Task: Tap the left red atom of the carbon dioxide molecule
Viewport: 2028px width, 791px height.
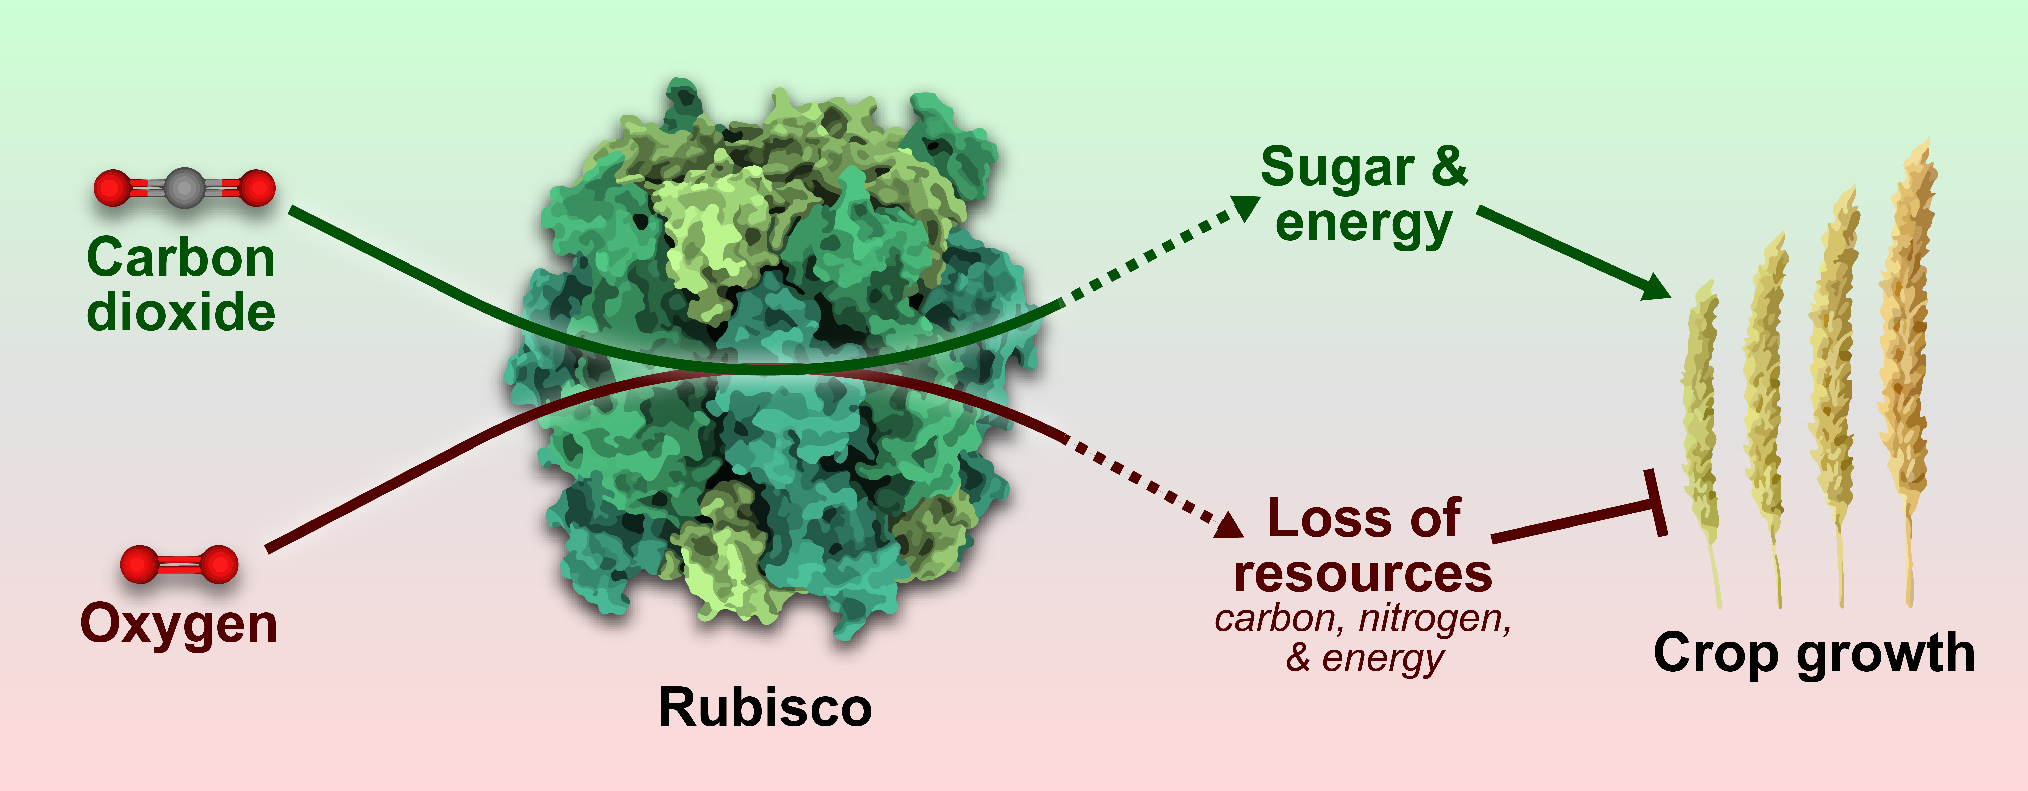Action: coord(113,188)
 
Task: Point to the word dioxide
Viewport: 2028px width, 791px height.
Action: coord(181,312)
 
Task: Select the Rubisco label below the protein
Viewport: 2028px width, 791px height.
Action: coord(765,707)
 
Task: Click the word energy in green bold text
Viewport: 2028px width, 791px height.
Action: coord(1364,224)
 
